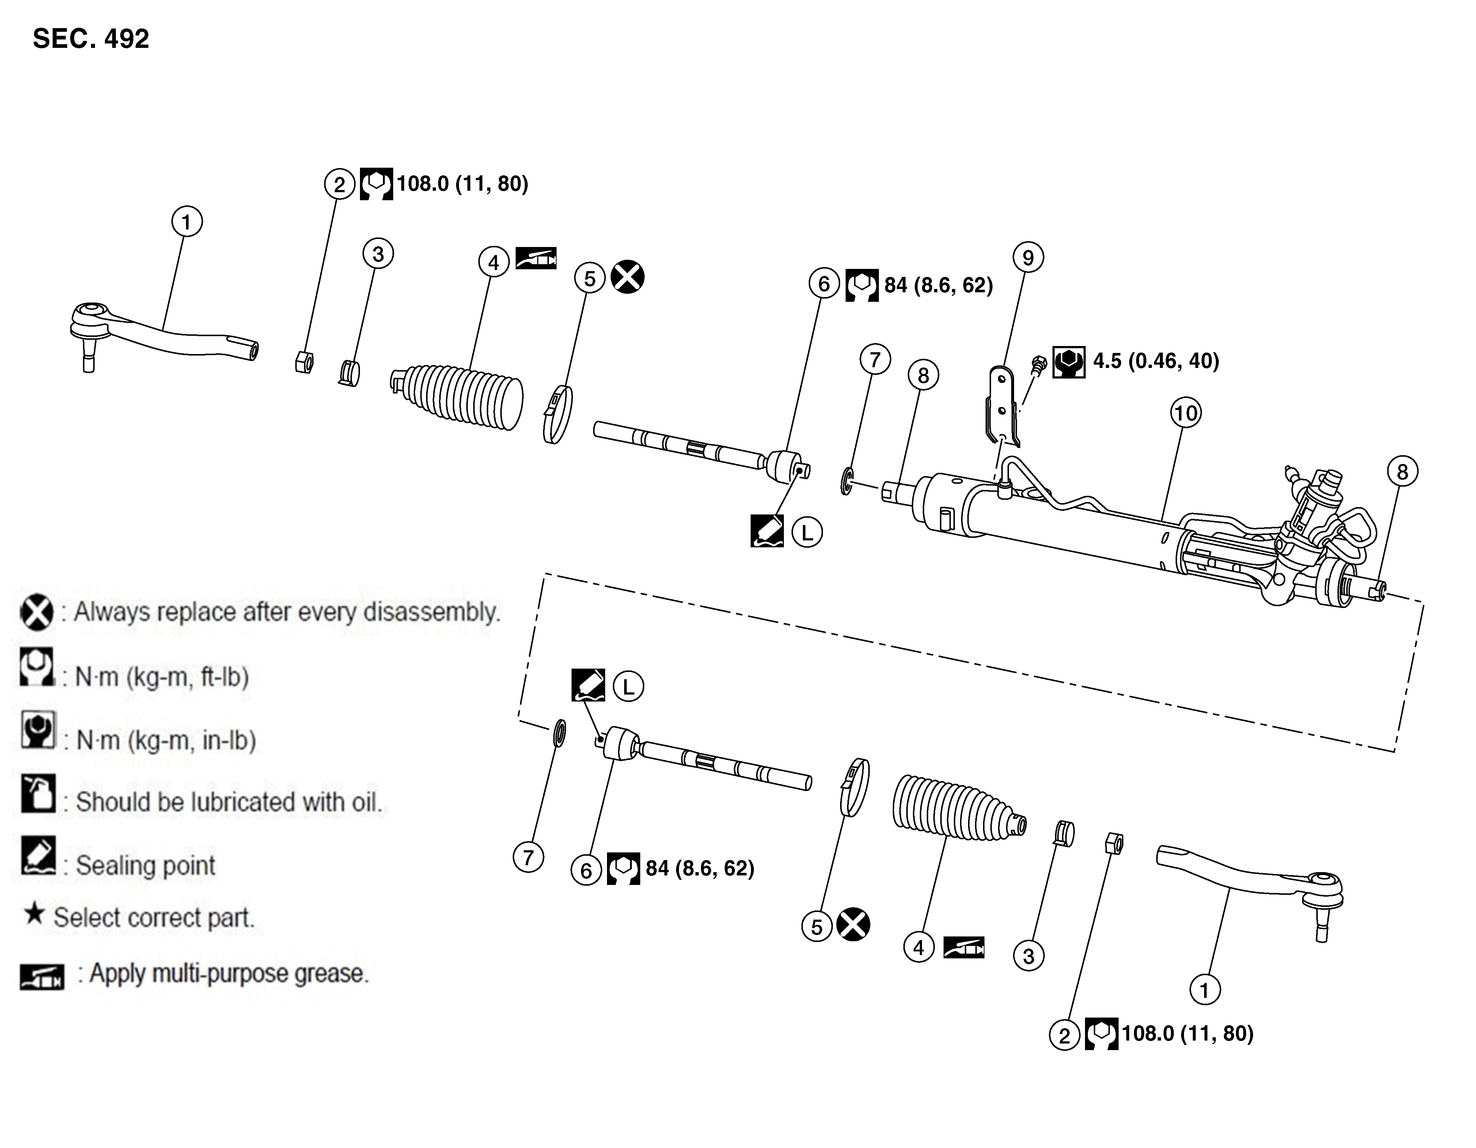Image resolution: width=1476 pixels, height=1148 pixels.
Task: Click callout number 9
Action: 1028,258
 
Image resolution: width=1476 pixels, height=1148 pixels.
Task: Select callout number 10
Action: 1185,413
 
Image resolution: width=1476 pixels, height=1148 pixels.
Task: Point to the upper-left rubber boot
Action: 460,397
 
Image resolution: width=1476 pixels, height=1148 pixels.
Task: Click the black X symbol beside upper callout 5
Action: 627,277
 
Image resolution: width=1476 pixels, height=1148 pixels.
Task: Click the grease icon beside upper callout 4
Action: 536,258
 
